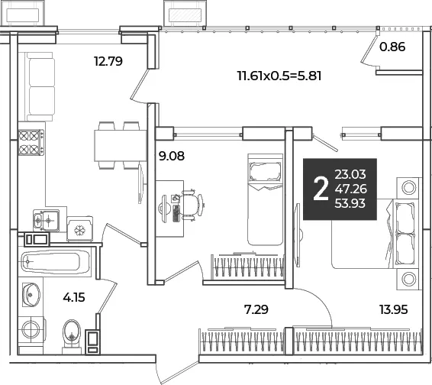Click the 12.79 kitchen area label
[x=108, y=61]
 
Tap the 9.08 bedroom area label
[x=172, y=156]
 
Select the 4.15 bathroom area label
[x=74, y=298]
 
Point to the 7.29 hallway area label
[x=256, y=309]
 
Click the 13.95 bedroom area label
[x=393, y=309]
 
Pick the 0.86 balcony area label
[x=392, y=47]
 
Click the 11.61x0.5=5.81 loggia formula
[x=279, y=76]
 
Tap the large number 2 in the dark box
[x=321, y=189]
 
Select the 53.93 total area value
[x=350, y=203]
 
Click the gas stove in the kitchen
[x=31, y=143]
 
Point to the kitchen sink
[x=46, y=220]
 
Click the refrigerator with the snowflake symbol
[x=80, y=229]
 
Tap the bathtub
[x=56, y=262]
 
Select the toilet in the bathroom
[x=72, y=336]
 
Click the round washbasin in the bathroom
[x=31, y=295]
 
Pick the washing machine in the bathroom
[x=31, y=328]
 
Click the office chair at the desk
[x=192, y=205]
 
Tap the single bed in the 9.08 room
[x=266, y=199]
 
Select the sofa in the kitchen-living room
[x=40, y=86]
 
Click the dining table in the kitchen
[x=121, y=145]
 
